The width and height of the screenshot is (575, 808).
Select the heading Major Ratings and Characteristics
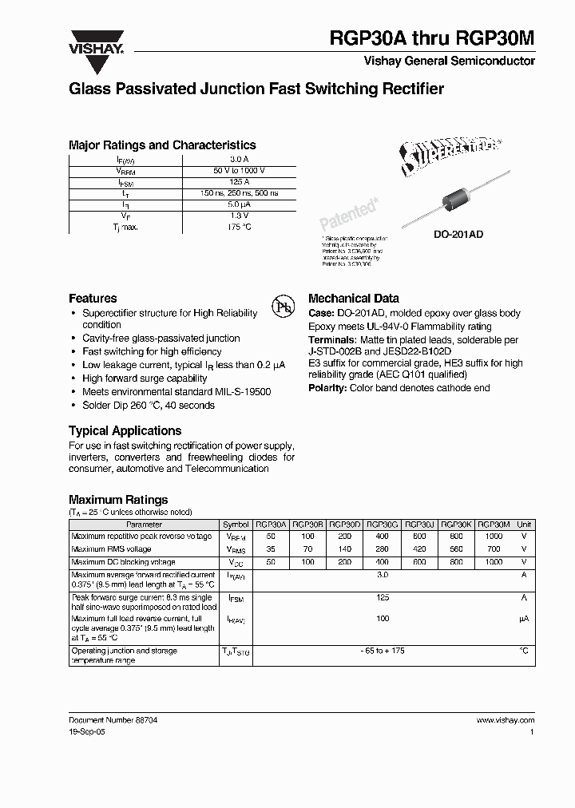click(162, 145)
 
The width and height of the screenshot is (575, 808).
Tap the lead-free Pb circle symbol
click(282, 308)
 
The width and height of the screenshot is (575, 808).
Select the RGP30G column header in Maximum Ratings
click(383, 525)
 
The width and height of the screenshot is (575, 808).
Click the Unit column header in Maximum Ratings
click(524, 525)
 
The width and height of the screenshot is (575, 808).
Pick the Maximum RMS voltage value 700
click(494, 549)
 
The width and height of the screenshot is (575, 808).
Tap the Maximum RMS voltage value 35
click(270, 549)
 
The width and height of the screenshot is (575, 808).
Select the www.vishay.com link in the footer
click(505, 720)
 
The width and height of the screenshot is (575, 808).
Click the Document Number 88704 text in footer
click(113, 720)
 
